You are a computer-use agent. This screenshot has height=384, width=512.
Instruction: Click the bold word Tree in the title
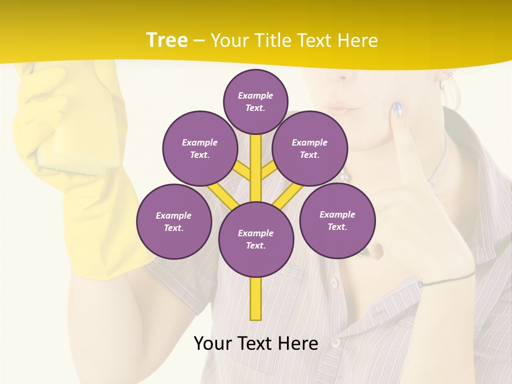tap(167, 40)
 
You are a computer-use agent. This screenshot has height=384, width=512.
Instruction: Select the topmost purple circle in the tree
tap(255, 101)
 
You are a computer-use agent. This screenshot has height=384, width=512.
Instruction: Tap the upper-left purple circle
tap(200, 148)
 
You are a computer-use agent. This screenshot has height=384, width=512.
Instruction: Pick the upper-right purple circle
tap(310, 148)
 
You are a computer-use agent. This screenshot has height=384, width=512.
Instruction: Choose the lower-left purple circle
tap(174, 221)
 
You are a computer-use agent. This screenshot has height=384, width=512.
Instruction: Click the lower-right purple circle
tap(337, 220)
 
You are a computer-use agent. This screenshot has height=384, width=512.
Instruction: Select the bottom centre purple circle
tap(256, 239)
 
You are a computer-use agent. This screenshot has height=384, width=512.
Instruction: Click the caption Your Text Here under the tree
tap(256, 343)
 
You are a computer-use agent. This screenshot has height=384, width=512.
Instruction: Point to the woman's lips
tap(341, 108)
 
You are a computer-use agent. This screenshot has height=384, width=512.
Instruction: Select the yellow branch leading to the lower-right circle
tap(285, 198)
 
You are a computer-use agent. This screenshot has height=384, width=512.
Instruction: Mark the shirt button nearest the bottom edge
tap(335, 343)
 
